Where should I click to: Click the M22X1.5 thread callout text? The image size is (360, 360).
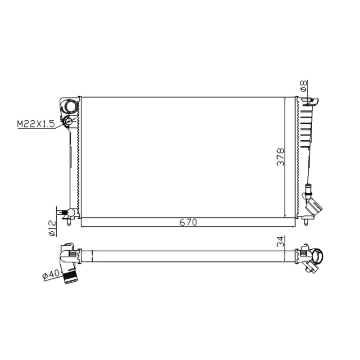tap(36, 124)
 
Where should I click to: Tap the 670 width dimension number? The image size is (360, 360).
tap(188, 222)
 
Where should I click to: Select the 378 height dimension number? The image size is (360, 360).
tap(280, 157)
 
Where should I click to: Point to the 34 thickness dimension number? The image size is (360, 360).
tap(280, 241)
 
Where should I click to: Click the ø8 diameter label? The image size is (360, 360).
tap(303, 86)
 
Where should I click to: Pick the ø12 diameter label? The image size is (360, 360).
tap(52, 228)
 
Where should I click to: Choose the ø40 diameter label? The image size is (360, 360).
tap(51, 275)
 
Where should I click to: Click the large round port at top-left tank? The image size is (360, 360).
tap(71, 107)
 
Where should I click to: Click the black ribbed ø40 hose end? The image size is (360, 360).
tap(71, 277)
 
